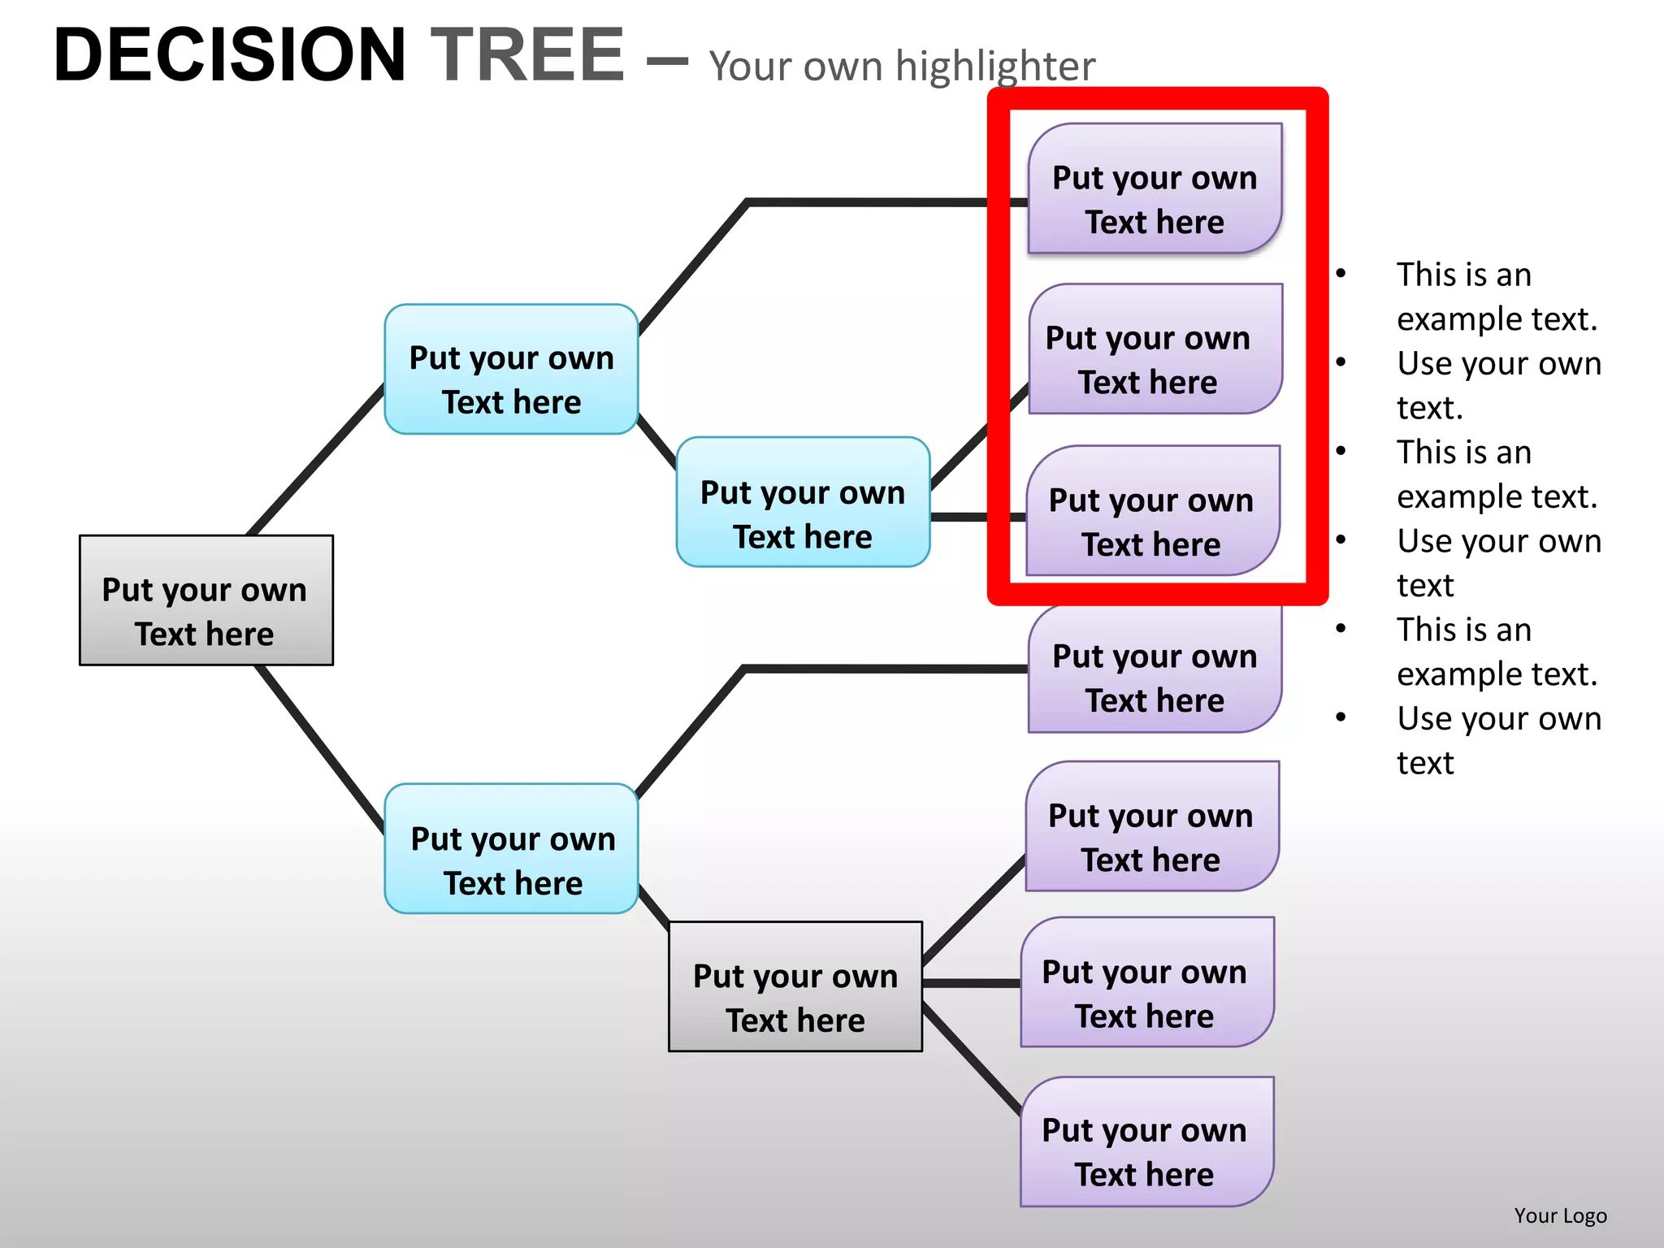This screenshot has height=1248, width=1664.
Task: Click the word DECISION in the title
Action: (229, 55)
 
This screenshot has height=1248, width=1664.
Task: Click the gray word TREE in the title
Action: (527, 55)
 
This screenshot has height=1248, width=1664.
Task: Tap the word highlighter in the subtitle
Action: (995, 67)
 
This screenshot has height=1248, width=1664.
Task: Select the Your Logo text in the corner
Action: (1560, 1215)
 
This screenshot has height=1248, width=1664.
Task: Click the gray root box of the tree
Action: (206, 600)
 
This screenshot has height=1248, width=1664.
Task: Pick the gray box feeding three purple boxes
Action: (795, 986)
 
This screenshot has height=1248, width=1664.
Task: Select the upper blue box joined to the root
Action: (511, 370)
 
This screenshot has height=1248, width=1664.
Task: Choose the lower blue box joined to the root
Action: (511, 849)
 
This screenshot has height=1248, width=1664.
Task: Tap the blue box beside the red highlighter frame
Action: (803, 502)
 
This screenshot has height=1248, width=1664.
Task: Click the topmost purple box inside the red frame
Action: (1155, 188)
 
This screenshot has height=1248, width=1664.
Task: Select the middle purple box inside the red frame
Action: (1155, 349)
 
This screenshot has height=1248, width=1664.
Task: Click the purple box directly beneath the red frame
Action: (1155, 670)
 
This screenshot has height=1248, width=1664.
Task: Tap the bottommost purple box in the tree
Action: (1146, 1142)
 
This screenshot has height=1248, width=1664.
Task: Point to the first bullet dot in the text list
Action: (1341, 274)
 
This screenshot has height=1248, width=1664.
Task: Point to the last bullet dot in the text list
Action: (1341, 717)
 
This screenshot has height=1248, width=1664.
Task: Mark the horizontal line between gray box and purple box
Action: (972, 983)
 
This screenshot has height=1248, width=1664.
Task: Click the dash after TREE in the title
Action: (668, 60)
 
